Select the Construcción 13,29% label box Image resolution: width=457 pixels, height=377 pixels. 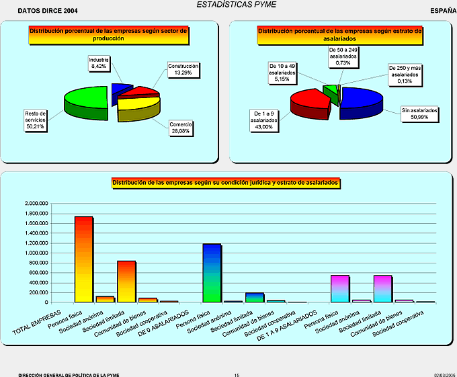[x=183, y=70]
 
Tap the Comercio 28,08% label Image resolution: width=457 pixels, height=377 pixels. [x=181, y=128]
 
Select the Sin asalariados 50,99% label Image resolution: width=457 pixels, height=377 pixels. [x=419, y=113]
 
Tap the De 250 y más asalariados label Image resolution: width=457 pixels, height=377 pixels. [x=405, y=75]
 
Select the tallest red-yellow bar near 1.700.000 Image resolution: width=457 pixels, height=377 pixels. [x=83, y=259]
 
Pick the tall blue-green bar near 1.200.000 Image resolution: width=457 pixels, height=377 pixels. [x=212, y=272]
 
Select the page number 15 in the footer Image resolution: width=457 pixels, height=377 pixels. [x=237, y=375]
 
